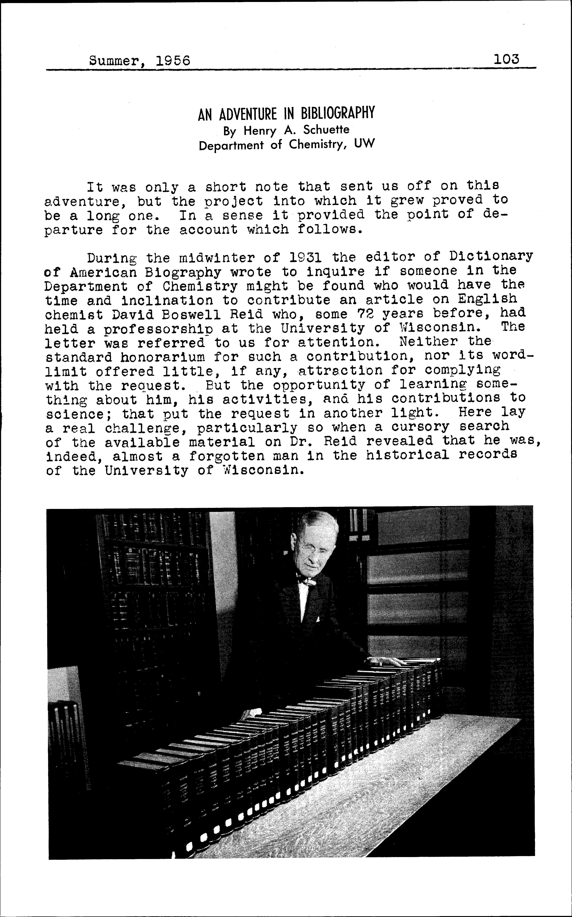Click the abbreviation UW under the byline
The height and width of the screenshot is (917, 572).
point(364,144)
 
